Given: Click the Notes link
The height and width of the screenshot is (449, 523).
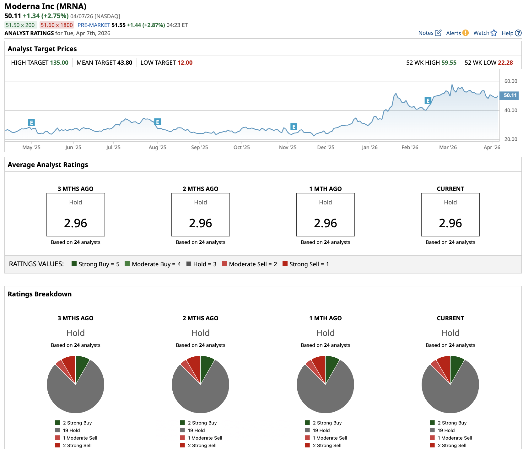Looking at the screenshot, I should [426, 33].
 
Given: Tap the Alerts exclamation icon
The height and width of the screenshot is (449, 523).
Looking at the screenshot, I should [466, 33].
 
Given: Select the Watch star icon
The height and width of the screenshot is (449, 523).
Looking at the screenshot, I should [494, 33].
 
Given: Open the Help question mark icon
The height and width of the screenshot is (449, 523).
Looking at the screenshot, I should [518, 33].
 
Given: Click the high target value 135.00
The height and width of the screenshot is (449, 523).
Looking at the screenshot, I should [59, 62].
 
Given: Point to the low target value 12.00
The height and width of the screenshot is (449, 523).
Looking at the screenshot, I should [185, 62].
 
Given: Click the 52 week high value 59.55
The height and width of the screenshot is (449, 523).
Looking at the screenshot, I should [449, 62].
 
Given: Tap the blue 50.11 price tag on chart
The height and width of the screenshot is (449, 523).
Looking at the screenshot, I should [510, 95].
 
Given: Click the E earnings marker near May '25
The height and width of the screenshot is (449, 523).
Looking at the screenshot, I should [31, 122].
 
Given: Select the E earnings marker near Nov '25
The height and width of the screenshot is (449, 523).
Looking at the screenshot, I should [294, 127].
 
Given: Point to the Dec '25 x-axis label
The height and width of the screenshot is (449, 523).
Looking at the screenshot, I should [326, 147].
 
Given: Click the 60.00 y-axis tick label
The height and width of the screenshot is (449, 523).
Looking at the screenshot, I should [510, 81].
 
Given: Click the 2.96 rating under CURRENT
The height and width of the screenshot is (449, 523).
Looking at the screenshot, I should [450, 223].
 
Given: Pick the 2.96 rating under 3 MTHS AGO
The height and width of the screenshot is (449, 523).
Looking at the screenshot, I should [75, 223].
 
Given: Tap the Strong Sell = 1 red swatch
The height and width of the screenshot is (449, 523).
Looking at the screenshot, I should [285, 264].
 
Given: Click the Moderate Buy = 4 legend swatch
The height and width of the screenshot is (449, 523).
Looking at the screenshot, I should [127, 264].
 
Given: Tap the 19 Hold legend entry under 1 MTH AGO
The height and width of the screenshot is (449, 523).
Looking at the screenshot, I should [321, 430].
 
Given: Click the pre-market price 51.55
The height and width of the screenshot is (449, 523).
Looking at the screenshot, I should [118, 25].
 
